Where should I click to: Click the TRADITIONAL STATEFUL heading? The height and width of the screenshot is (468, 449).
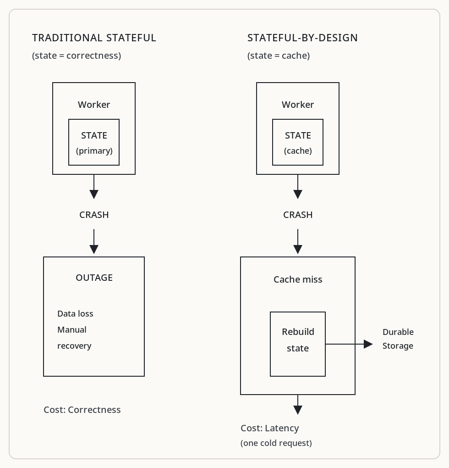(x=94, y=38)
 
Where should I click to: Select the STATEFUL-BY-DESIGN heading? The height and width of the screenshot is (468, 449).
(x=302, y=38)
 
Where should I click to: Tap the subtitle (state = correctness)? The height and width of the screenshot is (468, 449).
(x=77, y=56)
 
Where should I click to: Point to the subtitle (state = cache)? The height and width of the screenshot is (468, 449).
(x=279, y=56)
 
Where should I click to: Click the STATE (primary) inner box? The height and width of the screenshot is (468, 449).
(x=94, y=142)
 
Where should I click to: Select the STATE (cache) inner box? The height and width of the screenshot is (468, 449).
(x=298, y=142)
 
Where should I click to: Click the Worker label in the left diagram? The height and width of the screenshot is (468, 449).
(x=94, y=105)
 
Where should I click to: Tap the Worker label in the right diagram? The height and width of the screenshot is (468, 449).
(x=298, y=105)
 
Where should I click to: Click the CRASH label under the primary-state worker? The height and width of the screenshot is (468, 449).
(x=94, y=215)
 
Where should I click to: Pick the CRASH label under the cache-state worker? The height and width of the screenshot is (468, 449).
(x=298, y=215)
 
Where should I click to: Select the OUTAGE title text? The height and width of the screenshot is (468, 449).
(x=94, y=278)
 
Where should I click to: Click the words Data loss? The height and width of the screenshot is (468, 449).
(x=75, y=314)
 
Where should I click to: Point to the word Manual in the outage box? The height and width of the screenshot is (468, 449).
(x=72, y=330)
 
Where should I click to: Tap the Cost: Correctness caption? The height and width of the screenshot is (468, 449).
(x=82, y=410)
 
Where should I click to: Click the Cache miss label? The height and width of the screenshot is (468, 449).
(x=298, y=279)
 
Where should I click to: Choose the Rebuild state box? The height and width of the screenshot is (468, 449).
(x=298, y=344)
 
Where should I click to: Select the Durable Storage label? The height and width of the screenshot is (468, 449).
(x=398, y=339)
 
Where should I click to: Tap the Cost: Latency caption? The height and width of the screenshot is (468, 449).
(x=269, y=428)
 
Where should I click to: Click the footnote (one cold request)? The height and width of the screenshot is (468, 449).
(x=276, y=443)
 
